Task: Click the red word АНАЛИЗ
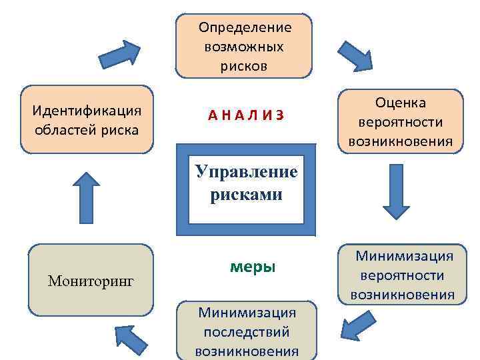(245, 115)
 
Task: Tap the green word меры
(252, 267)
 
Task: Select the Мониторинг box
(91, 280)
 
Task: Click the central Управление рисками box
(246, 189)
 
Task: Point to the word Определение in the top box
(245, 27)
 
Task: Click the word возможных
(245, 47)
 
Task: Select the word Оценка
(400, 103)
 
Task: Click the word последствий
(246, 331)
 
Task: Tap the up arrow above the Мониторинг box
(85, 197)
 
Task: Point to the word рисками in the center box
(246, 196)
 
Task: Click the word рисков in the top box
(245, 66)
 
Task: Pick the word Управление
(246, 173)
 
